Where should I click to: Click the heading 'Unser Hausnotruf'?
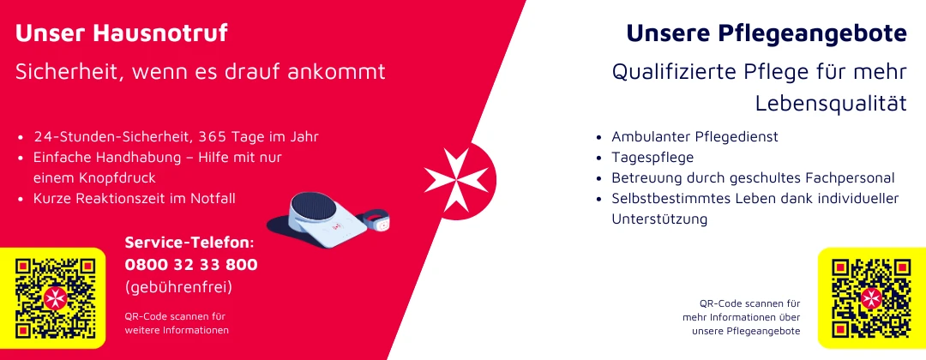121,33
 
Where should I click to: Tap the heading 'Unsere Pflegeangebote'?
767,34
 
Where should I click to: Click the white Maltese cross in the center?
456,180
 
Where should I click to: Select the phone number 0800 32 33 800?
191,265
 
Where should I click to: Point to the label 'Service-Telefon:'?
189,243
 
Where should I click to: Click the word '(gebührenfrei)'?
179,287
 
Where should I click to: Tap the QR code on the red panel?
56,298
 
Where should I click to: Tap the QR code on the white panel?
871,298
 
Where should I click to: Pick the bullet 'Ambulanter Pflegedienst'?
695,137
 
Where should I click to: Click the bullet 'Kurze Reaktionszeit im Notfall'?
134,199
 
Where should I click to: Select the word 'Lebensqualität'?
831,103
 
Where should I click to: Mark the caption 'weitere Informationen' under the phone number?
177,331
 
